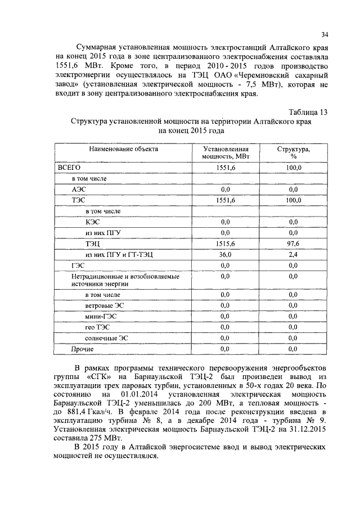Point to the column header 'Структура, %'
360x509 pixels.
click(x=292, y=153)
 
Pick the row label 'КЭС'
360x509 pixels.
click(x=93, y=222)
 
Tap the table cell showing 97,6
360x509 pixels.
click(x=292, y=244)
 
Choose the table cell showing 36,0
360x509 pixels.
click(x=225, y=254)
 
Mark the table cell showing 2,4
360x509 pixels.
click(x=292, y=254)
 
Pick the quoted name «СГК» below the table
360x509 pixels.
click(x=101, y=376)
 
